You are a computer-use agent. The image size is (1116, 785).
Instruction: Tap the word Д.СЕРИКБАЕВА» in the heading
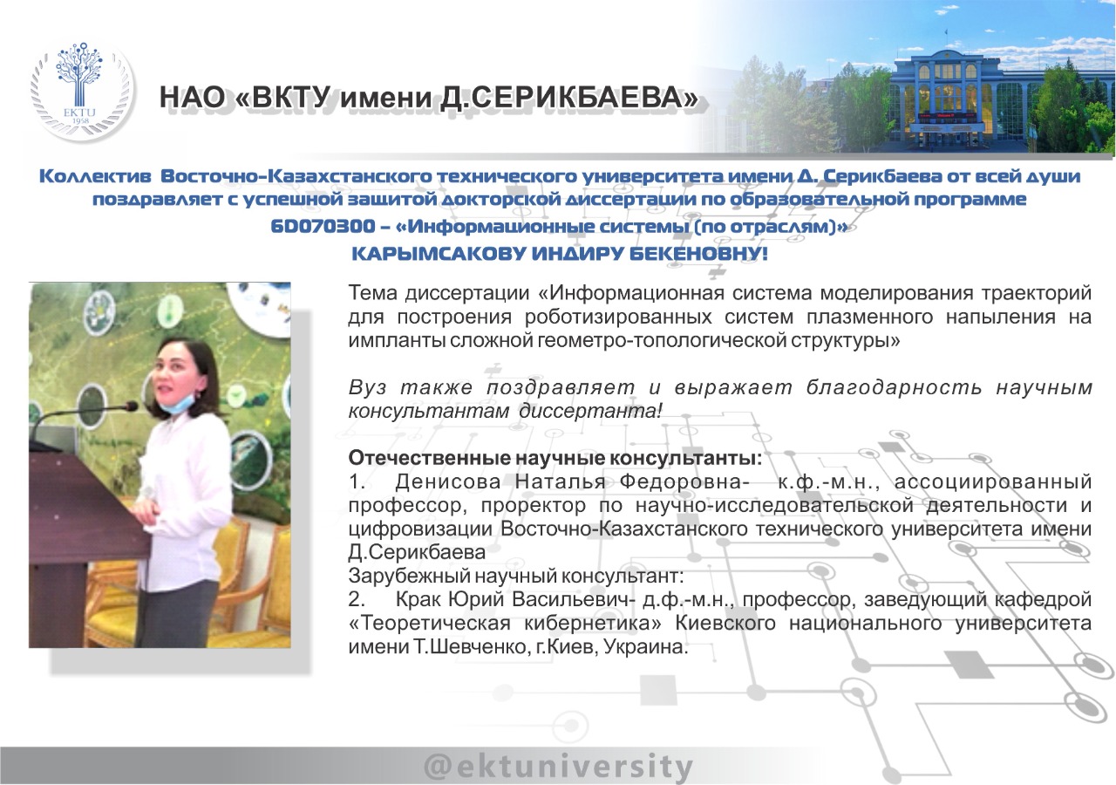(568, 98)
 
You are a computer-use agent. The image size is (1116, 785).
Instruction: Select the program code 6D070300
(323, 226)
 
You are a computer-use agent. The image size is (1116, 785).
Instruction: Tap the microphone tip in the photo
(131, 406)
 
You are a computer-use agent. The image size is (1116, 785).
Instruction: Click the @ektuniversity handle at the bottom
(559, 767)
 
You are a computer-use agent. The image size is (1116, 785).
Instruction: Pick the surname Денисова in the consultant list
(447, 481)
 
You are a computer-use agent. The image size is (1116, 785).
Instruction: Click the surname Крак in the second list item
(418, 599)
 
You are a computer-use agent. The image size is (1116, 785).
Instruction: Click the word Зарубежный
(409, 577)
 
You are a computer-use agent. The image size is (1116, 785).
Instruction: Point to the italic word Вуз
(367, 387)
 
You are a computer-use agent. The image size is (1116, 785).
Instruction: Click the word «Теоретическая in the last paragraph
(429, 623)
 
